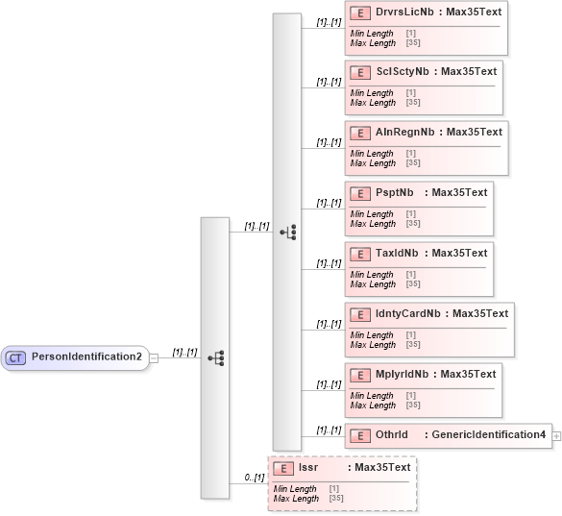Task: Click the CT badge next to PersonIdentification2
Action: click(15, 357)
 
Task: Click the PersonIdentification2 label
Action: click(86, 357)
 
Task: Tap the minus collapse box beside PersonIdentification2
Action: click(154, 357)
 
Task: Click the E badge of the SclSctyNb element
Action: click(358, 72)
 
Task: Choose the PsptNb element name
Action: click(395, 193)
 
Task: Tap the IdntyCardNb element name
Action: click(409, 314)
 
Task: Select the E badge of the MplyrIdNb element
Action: click(358, 375)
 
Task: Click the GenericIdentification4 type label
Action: click(489, 435)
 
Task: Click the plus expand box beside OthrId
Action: click(557, 436)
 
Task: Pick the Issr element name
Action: click(308, 468)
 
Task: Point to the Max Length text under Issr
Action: click(296, 500)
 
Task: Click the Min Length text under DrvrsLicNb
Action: click(372, 34)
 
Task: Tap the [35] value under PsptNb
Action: click(413, 225)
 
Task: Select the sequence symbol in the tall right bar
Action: click(287, 232)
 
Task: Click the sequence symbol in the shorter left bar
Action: click(215, 357)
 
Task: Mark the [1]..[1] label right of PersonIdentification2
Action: click(183, 353)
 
